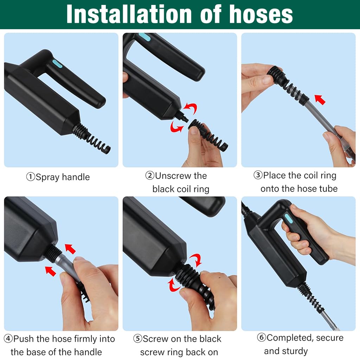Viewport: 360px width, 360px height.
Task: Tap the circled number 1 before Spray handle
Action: tap(31, 177)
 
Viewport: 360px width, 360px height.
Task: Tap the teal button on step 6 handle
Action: tap(288, 218)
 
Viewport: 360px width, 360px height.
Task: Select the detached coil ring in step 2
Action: tap(208, 136)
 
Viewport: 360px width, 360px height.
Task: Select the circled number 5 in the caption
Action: tap(137, 339)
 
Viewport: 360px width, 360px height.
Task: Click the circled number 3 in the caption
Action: tap(258, 175)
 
